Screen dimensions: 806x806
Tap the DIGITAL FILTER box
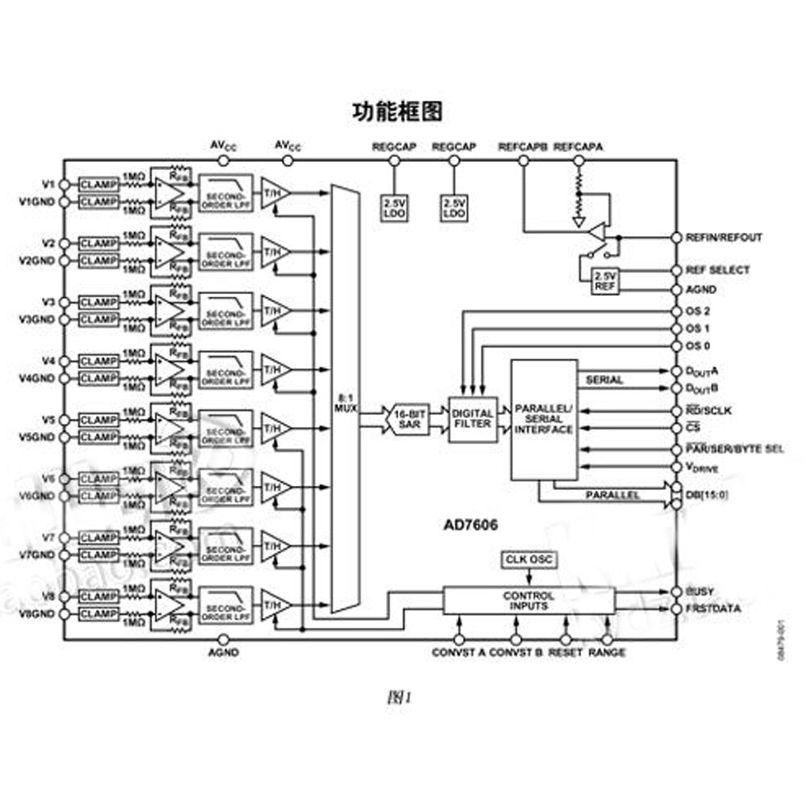[473, 419]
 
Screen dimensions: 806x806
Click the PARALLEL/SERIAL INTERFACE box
[544, 419]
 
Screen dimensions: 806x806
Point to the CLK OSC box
[529, 559]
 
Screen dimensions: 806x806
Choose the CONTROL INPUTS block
[529, 600]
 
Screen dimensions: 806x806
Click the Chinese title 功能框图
[397, 110]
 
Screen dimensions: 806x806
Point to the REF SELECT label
[717, 270]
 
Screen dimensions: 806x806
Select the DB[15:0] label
[705, 494]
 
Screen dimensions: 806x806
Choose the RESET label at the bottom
[565, 652]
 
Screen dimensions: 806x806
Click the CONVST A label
[458, 652]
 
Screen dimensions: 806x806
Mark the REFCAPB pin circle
[523, 160]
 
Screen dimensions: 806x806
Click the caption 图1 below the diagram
[398, 697]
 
